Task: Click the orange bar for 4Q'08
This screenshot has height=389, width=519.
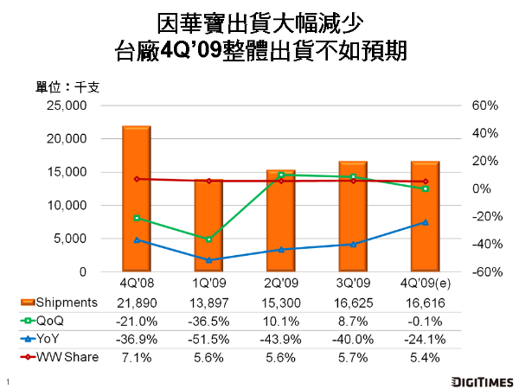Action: click(x=136, y=199)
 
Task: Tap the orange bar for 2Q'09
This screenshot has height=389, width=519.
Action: click(x=280, y=221)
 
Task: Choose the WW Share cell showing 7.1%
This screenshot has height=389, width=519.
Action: click(x=136, y=357)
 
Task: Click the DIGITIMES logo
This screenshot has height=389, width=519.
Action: click(x=482, y=380)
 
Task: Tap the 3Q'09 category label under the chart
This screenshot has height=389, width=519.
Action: click(x=352, y=283)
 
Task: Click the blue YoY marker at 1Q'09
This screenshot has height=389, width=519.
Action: click(x=208, y=259)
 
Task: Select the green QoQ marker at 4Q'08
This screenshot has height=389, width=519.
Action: click(x=136, y=218)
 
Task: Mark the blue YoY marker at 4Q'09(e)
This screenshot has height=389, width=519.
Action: click(x=425, y=222)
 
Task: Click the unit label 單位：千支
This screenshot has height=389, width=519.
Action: click(x=68, y=87)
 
